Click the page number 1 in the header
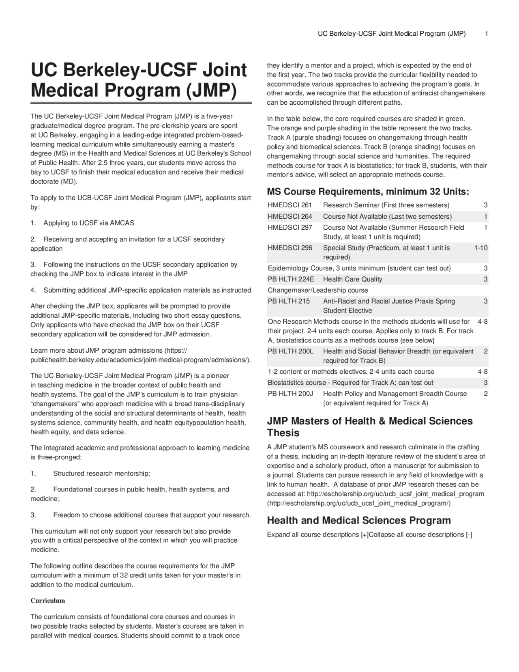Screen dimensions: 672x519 (486, 34)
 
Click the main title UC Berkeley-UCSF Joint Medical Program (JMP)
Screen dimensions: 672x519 (139, 80)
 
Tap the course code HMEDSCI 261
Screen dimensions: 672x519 (290, 205)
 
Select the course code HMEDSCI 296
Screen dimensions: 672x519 (290, 248)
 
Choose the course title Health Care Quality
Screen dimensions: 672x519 (352, 279)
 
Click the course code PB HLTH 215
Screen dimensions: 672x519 (288, 301)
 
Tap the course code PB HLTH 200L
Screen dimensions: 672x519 (290, 351)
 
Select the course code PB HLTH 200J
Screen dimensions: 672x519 (290, 394)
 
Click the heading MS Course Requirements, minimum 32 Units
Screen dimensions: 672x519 (368, 192)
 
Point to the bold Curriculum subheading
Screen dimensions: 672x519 (48, 601)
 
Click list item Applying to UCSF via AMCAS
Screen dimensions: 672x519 (88, 223)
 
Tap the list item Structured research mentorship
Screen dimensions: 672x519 (101, 474)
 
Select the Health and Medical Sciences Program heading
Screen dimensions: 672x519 (358, 520)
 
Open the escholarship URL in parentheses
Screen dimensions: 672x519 (358, 503)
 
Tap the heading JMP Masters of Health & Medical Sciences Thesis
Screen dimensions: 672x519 (369, 427)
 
